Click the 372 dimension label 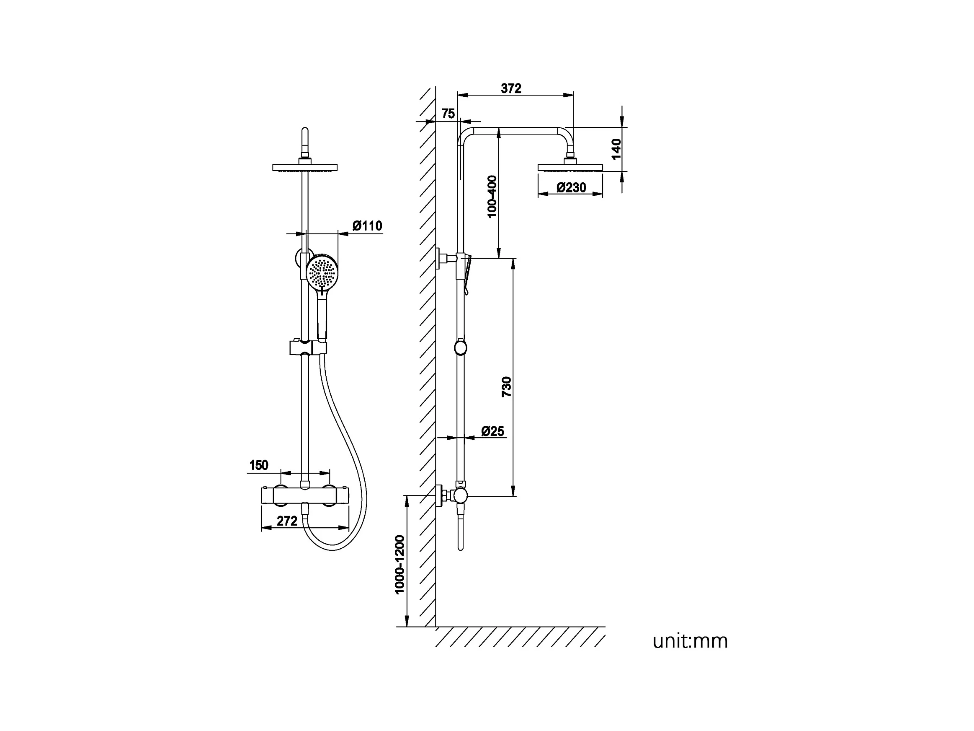click(x=511, y=88)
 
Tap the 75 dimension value click(x=448, y=114)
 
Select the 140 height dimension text click(x=616, y=149)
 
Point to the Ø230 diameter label click(x=571, y=188)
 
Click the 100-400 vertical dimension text click(x=492, y=197)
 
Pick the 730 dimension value click(x=507, y=387)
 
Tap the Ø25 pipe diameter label click(x=492, y=431)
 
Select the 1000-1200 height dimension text click(x=399, y=565)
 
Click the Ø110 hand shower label click(x=367, y=226)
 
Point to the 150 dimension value click(x=258, y=465)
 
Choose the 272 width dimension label click(x=287, y=521)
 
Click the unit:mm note click(x=690, y=641)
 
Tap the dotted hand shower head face click(x=322, y=272)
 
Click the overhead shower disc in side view click(x=570, y=167)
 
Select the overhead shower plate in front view click(x=305, y=167)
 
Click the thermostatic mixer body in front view click(x=305, y=495)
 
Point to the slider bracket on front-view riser click(x=308, y=347)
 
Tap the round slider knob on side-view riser click(x=460, y=347)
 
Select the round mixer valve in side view click(x=460, y=496)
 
